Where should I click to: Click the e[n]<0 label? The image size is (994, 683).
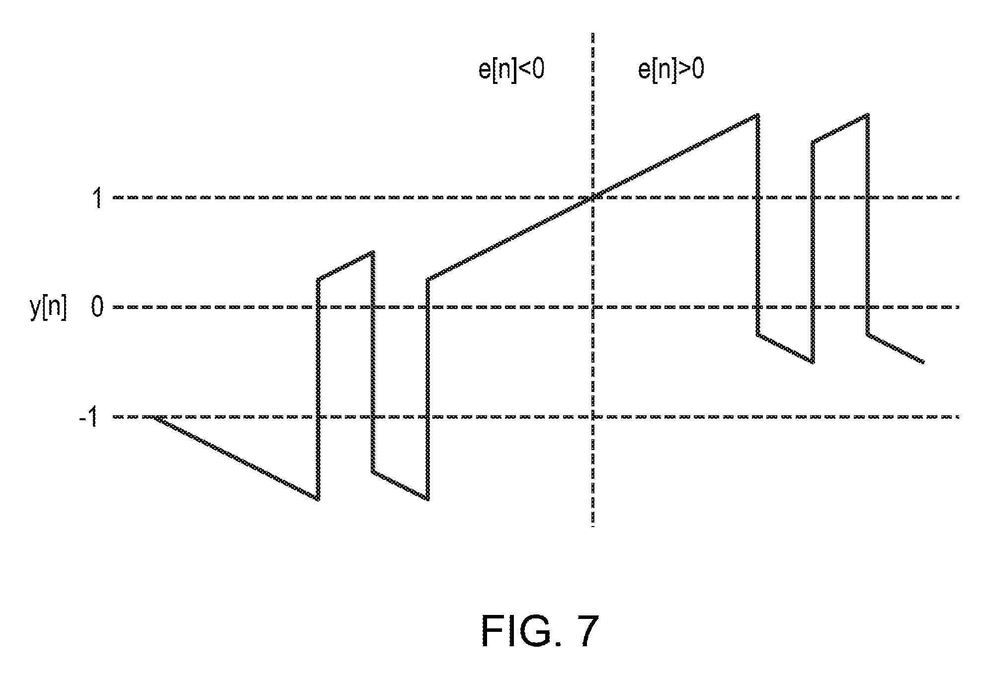point(511,70)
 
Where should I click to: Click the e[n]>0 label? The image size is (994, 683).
point(671,70)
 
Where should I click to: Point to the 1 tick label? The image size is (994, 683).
point(98,199)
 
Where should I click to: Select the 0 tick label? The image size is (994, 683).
point(97,308)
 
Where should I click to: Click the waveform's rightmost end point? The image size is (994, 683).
point(923,362)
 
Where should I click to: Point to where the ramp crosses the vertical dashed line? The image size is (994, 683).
point(592,198)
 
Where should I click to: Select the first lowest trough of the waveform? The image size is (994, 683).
point(318,499)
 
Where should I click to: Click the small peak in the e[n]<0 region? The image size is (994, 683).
point(372,252)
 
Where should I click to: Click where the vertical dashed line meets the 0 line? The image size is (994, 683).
point(592,307)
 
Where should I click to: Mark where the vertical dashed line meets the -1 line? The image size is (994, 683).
point(592,417)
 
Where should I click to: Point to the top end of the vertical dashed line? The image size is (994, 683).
point(592,34)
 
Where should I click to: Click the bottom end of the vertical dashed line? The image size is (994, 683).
point(592,526)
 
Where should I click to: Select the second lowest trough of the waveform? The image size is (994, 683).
point(427,499)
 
